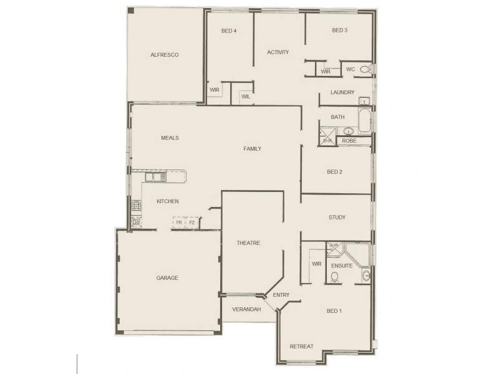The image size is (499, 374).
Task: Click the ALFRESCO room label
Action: click(165, 55)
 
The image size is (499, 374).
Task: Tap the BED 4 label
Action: click(229, 31)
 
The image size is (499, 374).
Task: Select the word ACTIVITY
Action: click(278, 52)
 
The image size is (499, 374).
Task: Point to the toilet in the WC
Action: click(372, 69)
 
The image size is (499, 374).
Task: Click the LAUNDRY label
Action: click(342, 93)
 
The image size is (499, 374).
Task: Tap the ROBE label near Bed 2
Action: click(349, 141)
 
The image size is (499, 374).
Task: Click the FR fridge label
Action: click(179, 223)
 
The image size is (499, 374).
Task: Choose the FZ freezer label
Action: click(192, 223)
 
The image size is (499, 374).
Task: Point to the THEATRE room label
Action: click(248, 243)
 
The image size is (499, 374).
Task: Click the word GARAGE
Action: click(167, 278)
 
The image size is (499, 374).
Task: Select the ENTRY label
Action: click(282, 295)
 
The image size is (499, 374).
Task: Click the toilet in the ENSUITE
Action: click(335, 276)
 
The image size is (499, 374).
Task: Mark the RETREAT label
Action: click(301, 347)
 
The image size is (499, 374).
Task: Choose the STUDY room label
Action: click(337, 218)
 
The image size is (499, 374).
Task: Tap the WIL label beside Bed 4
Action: click(246, 97)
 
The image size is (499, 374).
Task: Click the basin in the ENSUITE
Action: click(366, 275)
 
